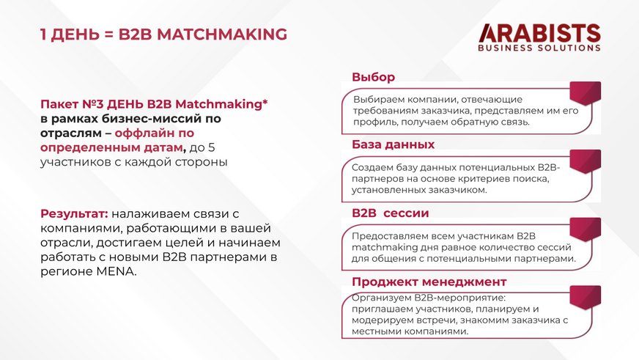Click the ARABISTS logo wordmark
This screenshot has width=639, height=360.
tap(539, 33)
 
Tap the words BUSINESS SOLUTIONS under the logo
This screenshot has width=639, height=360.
tap(539, 48)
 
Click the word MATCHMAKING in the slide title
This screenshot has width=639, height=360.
tap(222, 34)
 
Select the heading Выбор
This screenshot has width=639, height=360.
tap(373, 77)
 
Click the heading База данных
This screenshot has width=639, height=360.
tap(394, 144)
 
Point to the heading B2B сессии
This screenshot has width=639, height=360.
tap(391, 213)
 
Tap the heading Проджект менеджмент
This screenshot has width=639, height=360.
tap(429, 282)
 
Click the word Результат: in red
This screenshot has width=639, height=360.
tap(74, 213)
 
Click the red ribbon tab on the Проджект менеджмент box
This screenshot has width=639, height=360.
tap(586, 297)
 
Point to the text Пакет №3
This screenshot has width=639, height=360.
tap(72, 104)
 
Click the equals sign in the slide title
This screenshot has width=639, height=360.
tap(108, 34)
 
